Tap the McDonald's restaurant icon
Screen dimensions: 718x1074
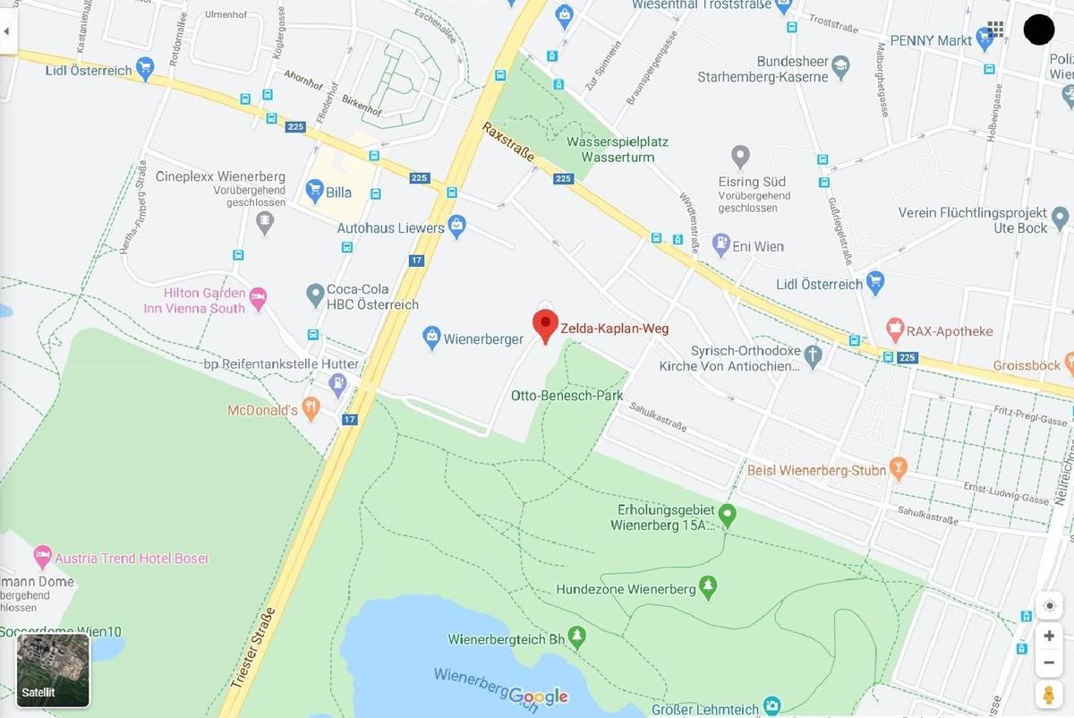[311, 409]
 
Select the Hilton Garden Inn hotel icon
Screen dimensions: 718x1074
[259, 296]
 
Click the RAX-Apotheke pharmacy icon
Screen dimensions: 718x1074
[894, 329]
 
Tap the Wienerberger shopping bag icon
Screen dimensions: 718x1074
[431, 338]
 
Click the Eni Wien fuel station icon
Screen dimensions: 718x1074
[720, 244]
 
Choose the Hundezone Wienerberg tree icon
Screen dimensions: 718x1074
[710, 587]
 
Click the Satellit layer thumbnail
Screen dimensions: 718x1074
[53, 670]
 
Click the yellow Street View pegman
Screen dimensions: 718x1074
[1049, 694]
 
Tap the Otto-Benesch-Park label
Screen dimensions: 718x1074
[567, 395]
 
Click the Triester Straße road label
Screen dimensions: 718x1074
[253, 646]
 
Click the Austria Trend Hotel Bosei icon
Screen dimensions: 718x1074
[42, 557]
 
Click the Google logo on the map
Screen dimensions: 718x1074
[538, 697]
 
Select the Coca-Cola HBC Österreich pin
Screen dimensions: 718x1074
[314, 293]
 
